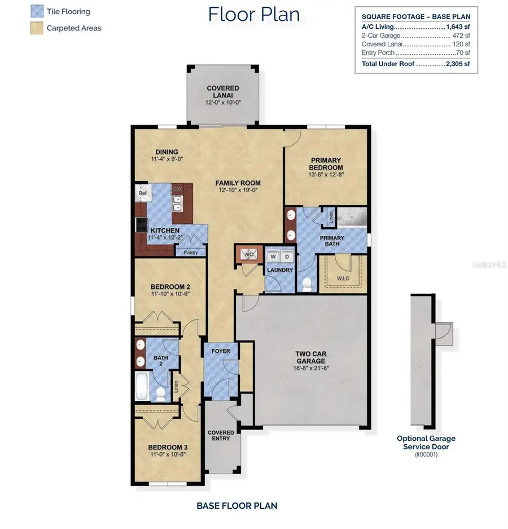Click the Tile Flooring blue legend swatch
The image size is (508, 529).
(x=37, y=11)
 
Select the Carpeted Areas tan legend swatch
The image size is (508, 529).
(x=37, y=27)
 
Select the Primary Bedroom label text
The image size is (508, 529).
(x=326, y=164)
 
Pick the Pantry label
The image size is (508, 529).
(x=190, y=252)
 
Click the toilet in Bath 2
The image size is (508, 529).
(x=160, y=394)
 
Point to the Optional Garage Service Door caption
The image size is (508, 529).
(x=426, y=442)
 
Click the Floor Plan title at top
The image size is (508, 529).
(x=253, y=14)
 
